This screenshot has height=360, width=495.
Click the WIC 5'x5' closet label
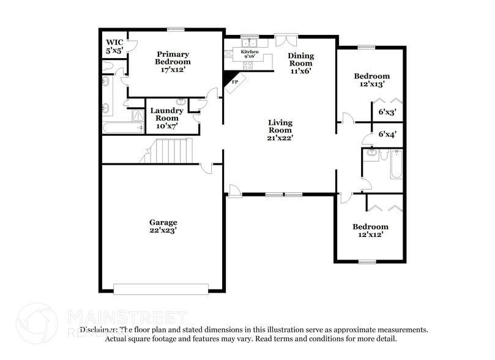click(x=114, y=46)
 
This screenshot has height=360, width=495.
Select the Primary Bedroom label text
click(x=173, y=62)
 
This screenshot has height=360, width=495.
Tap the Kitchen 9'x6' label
click(x=249, y=54)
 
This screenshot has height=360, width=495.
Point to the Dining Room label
click(x=300, y=62)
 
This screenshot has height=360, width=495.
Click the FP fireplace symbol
click(x=234, y=81)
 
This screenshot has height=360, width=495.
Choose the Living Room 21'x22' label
click(x=280, y=130)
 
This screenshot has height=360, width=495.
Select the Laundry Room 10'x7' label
click(x=167, y=118)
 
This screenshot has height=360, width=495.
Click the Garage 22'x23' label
click(x=163, y=226)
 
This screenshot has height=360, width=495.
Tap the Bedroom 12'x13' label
click(x=371, y=80)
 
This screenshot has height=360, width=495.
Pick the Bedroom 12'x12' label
click(x=370, y=230)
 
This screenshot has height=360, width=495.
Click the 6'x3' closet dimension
click(x=387, y=112)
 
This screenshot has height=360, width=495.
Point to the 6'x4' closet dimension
click(x=387, y=134)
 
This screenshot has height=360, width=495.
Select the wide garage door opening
click(x=162, y=288)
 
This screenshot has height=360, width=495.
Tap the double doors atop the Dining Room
click(x=285, y=40)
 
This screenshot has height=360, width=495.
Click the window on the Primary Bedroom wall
click(x=176, y=29)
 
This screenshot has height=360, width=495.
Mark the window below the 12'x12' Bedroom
click(x=367, y=262)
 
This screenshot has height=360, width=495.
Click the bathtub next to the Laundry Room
click(x=123, y=128)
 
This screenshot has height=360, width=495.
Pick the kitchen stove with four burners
click(x=249, y=65)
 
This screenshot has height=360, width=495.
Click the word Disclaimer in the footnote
click(x=100, y=329)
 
